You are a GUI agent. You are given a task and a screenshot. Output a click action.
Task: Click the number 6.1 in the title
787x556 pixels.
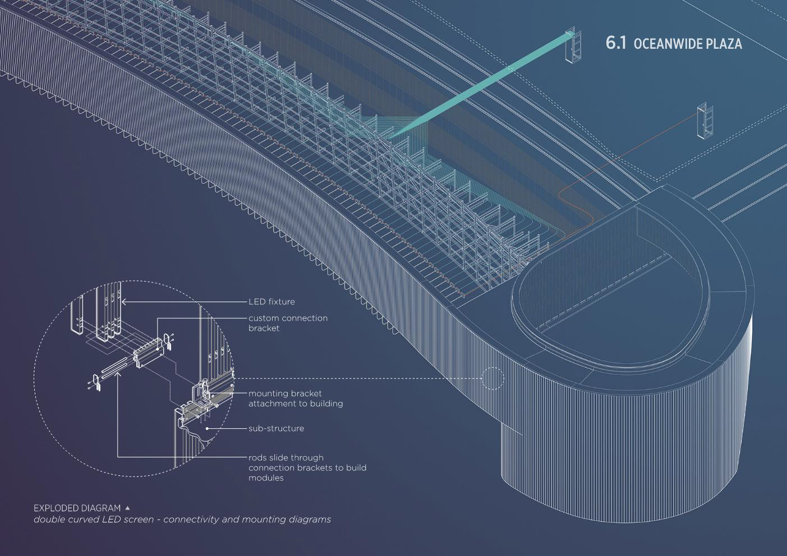click(x=615, y=43)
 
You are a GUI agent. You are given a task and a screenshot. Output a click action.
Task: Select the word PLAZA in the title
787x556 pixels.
click(x=724, y=44)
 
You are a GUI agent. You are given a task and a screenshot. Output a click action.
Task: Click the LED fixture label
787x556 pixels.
click(x=271, y=302)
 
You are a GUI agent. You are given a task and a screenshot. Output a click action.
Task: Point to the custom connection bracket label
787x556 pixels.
click(x=288, y=323)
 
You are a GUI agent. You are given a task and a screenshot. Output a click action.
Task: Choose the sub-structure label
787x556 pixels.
click(x=276, y=428)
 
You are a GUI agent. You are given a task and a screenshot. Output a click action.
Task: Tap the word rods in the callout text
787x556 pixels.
click(x=258, y=457)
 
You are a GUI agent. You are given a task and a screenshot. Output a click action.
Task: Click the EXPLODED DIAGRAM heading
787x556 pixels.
click(x=77, y=508)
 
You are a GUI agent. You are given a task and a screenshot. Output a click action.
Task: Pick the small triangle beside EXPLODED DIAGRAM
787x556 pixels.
click(x=127, y=507)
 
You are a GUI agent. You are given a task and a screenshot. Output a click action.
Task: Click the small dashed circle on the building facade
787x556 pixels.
click(x=493, y=378)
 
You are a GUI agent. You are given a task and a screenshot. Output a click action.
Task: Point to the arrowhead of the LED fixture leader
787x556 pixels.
click(x=124, y=302)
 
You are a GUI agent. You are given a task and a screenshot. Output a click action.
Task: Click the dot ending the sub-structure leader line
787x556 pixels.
click(x=208, y=428)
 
